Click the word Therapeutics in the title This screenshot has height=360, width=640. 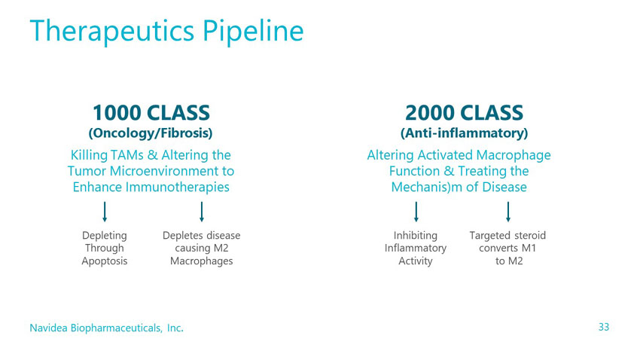(x=112, y=32)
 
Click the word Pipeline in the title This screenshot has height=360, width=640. (x=253, y=32)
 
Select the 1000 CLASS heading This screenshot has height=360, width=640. (x=151, y=113)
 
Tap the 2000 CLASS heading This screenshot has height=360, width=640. (x=464, y=113)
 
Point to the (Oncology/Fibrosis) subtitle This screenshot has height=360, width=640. (x=151, y=133)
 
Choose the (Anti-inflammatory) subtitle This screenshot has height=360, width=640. (x=464, y=133)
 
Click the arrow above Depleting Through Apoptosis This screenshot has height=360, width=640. (x=105, y=212)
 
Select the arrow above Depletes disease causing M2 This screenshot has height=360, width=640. (x=202, y=212)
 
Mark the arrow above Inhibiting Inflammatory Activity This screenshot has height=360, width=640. (x=416, y=212)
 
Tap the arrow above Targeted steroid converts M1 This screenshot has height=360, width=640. (x=508, y=212)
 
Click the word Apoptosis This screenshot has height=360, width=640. (x=105, y=261)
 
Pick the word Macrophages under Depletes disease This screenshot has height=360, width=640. (x=202, y=261)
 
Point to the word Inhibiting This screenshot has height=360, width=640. (x=416, y=236)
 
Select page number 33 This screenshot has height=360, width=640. (x=604, y=327)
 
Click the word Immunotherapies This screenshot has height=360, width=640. (x=178, y=187)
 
